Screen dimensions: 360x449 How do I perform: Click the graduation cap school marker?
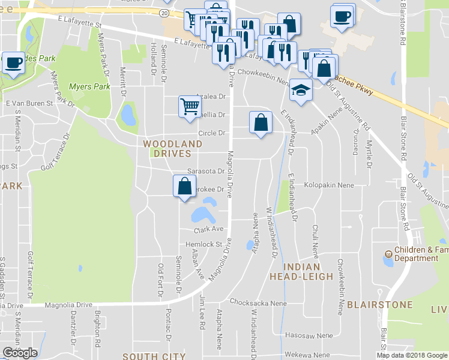pos(301,90)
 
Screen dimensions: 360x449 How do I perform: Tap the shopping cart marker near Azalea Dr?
pos(189,106)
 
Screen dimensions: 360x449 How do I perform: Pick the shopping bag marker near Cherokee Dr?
pos(184,186)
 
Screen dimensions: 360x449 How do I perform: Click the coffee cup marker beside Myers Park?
pos(13,62)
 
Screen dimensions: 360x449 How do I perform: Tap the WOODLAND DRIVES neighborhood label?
pos(172,149)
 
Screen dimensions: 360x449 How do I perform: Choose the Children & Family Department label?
pos(416,254)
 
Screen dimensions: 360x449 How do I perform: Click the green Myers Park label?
pos(89,87)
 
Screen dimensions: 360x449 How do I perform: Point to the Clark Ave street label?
pos(208,229)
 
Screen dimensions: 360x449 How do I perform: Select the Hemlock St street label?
pos(204,245)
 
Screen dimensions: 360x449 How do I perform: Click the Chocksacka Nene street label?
pos(258,304)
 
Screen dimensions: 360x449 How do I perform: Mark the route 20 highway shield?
pos(164,12)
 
